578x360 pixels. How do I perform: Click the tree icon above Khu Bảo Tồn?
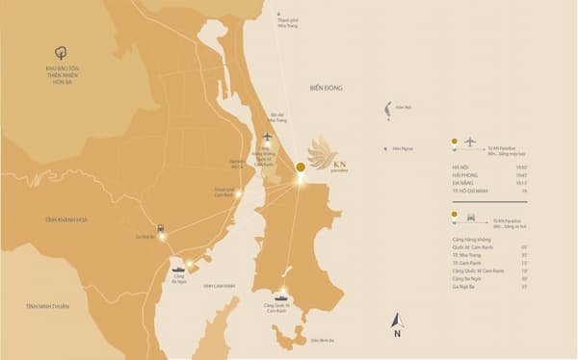61,54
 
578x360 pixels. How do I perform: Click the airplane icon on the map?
268,136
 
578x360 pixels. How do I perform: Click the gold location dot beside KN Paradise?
301,167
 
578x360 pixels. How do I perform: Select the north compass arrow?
396,322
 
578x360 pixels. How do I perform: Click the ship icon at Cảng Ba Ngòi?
178,270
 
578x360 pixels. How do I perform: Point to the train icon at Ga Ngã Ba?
160,228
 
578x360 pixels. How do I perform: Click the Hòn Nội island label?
402,108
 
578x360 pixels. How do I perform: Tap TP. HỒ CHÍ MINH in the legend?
471,192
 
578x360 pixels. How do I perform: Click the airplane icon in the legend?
470,141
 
